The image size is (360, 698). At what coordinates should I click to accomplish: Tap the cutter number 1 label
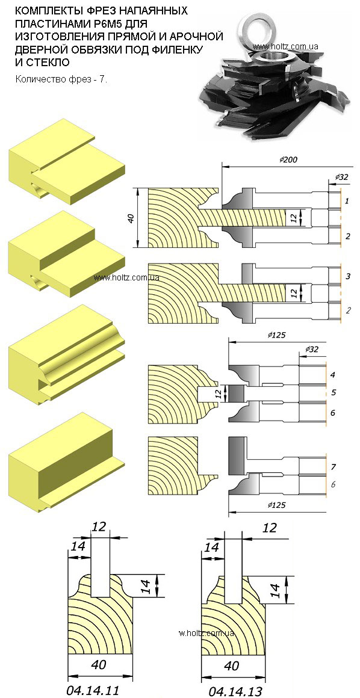tap(347, 201)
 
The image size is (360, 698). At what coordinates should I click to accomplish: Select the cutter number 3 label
tap(347, 276)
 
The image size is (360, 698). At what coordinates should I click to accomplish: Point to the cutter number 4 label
tap(333, 374)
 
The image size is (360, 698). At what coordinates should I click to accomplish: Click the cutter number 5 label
tap(333, 393)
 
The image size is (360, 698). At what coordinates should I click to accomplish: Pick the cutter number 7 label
tap(333, 467)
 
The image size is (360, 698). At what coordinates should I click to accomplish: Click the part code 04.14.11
tap(93, 690)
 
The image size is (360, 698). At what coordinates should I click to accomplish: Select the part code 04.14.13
tap(236, 691)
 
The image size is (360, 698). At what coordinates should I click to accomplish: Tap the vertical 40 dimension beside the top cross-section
tap(131, 218)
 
